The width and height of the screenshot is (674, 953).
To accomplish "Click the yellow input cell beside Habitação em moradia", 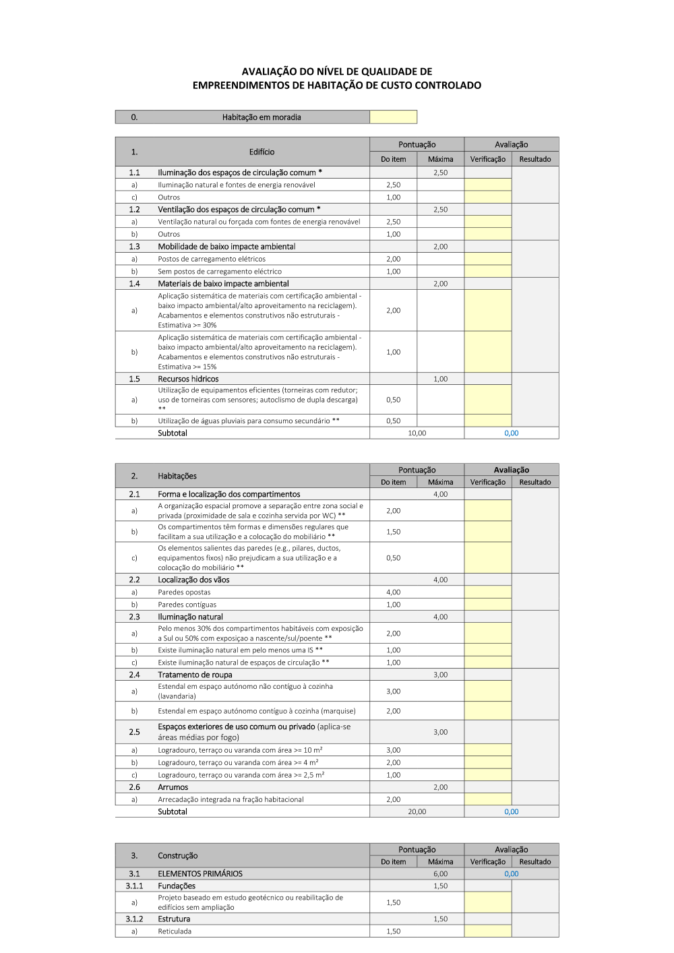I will pyautogui.click(x=393, y=117).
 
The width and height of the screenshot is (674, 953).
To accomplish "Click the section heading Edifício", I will pyautogui.click(x=262, y=152).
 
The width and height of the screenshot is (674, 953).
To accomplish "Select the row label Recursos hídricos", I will pyautogui.click(x=188, y=379).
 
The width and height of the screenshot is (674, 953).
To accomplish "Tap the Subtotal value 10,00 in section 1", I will pyautogui.click(x=417, y=433).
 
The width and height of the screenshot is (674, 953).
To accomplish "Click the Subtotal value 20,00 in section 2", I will pyautogui.click(x=417, y=812).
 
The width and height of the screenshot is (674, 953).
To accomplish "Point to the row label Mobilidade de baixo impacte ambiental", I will pyautogui.click(x=226, y=247).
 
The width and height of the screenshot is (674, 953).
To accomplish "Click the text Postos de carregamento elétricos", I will pyautogui.click(x=212, y=259).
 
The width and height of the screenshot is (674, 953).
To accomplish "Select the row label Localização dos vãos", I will pyautogui.click(x=193, y=580).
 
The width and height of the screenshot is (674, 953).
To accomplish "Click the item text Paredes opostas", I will pyautogui.click(x=184, y=592).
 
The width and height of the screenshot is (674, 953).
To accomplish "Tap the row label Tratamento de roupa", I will pyautogui.click(x=195, y=675).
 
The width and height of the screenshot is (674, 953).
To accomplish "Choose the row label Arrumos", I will pyautogui.click(x=173, y=787).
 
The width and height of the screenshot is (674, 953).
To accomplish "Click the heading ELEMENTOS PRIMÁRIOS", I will pyautogui.click(x=200, y=874).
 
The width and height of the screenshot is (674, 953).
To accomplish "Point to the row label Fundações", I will pyautogui.click(x=177, y=886).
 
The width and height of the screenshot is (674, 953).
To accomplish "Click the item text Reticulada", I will pyautogui.click(x=175, y=931).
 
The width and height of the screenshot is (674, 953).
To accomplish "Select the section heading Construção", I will pyautogui.click(x=178, y=856).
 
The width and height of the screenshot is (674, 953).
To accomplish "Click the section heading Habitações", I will pyautogui.click(x=177, y=476).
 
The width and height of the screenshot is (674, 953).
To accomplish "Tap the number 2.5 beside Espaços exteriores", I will pyautogui.click(x=134, y=732).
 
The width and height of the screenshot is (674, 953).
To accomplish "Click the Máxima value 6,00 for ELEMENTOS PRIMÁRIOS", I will pyautogui.click(x=440, y=874).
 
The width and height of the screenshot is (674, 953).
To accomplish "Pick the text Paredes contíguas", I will pyautogui.click(x=187, y=605).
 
